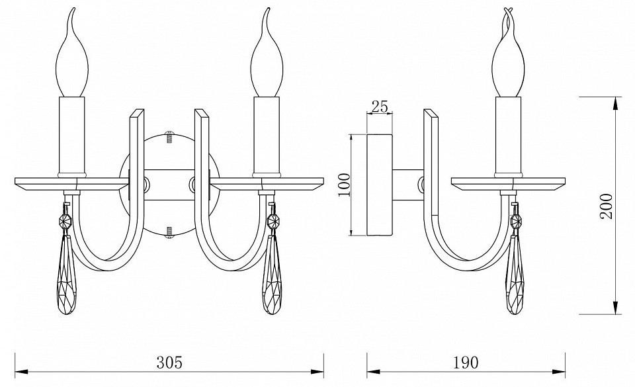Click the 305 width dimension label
coord(170,362)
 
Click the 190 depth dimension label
coord(465,362)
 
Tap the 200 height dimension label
coord(607,206)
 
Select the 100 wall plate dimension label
coord(344,185)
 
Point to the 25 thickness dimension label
coord(380,107)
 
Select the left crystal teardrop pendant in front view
coord(68,275)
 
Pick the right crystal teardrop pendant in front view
coord(273,275)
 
